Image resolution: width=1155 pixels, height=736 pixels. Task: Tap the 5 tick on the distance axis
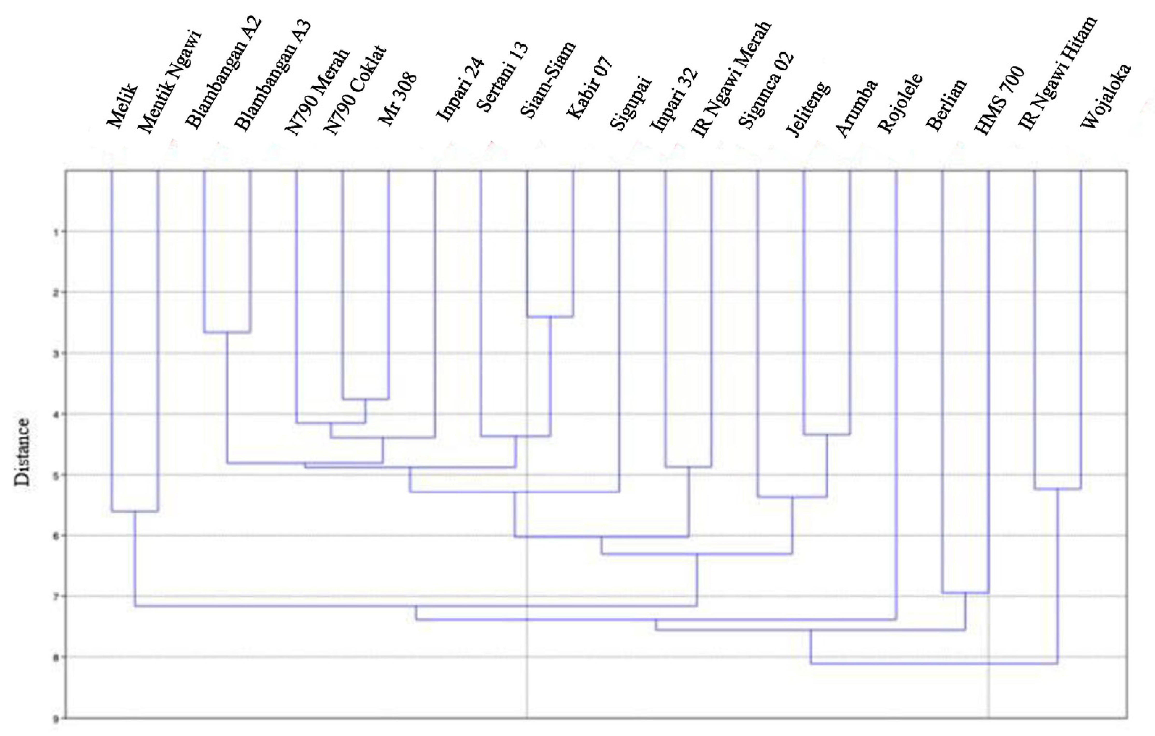tap(56, 475)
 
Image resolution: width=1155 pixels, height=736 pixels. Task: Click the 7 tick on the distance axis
tap(56, 597)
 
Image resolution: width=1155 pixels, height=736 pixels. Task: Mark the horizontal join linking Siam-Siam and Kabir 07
tap(550, 316)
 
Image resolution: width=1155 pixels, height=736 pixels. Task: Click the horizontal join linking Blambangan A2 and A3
tap(227, 332)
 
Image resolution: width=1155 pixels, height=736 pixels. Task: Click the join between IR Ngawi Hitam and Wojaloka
tap(1058, 489)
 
